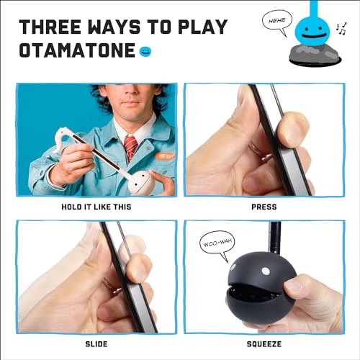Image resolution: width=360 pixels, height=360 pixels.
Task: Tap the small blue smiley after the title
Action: tap(147, 51)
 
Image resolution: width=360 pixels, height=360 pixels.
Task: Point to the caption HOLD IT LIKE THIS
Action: tap(97, 207)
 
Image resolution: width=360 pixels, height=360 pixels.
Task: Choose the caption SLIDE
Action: tap(97, 343)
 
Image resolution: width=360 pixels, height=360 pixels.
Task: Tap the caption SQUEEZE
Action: tap(264, 343)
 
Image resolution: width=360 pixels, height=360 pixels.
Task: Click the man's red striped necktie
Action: tap(130, 148)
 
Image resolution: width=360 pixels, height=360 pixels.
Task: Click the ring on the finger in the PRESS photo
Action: tap(253, 148)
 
